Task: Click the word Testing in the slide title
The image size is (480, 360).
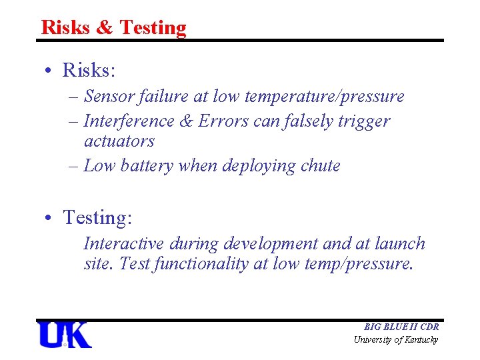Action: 153,27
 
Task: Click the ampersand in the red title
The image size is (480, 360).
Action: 105,27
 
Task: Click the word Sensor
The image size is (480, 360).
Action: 109,97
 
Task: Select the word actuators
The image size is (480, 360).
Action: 119,141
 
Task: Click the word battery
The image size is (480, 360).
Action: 147,166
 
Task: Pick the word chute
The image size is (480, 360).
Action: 321,166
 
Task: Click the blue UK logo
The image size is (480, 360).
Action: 65,335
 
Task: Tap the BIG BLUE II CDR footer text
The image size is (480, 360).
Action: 401,327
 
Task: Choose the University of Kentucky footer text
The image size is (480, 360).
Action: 396,340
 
